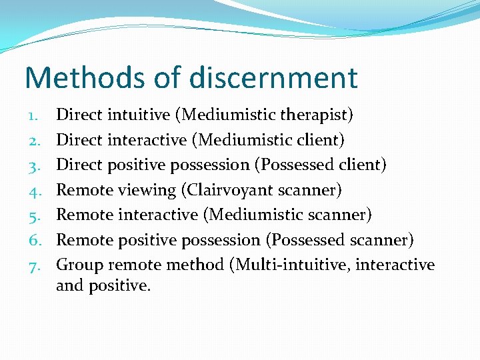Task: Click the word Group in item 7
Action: click(80, 265)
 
